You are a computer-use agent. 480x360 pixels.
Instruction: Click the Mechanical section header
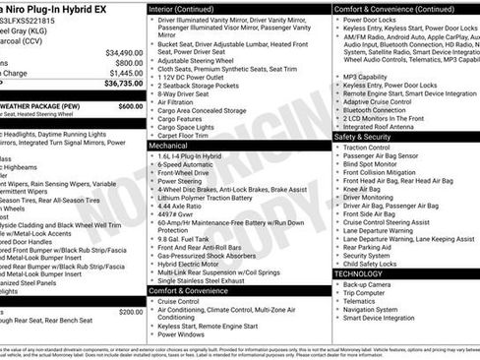coord(173,146)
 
